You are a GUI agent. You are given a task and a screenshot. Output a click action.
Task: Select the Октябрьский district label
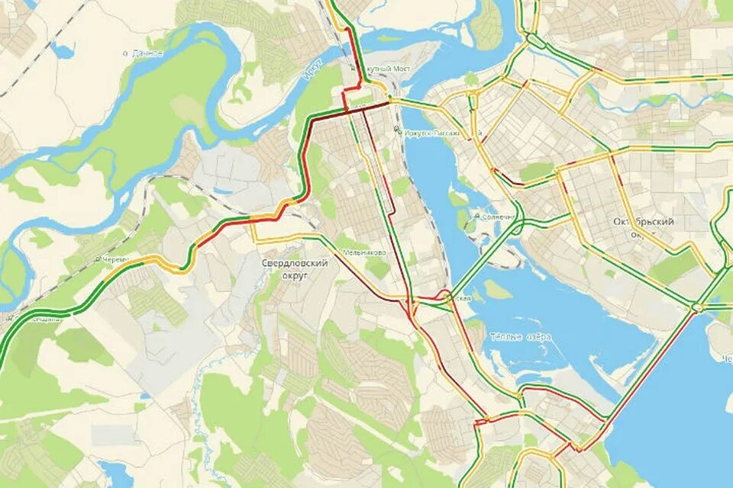click(x=644, y=222)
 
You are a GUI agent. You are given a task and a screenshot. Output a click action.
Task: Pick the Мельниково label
click(x=369, y=252)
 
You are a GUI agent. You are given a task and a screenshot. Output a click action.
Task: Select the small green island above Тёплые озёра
click(x=496, y=290)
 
